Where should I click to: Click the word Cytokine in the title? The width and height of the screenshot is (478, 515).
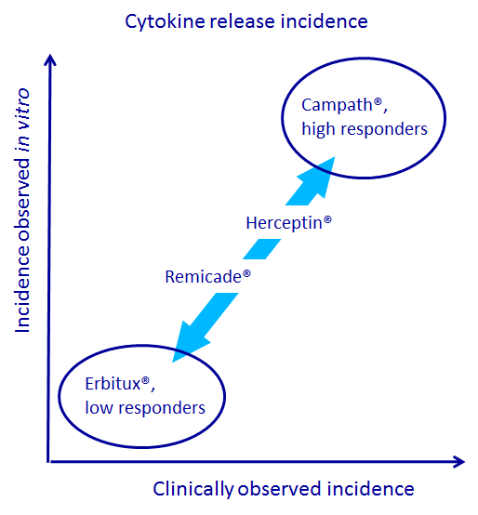[166, 22]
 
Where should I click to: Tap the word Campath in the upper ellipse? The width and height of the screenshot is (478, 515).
[337, 106]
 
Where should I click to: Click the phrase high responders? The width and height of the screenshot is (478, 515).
[365, 128]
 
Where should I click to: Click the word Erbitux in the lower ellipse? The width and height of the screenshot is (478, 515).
[113, 384]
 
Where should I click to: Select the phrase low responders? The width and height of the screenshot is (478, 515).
[145, 407]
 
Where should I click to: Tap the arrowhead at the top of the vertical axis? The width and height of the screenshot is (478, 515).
[50, 59]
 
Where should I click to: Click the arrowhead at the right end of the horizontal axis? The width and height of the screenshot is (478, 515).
[459, 461]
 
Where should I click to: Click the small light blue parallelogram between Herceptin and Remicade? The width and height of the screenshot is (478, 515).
[262, 249]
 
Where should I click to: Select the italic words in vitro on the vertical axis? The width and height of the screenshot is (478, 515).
[23, 120]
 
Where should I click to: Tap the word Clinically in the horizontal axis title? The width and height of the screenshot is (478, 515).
[193, 489]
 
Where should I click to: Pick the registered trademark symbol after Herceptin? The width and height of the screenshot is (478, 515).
[327, 219]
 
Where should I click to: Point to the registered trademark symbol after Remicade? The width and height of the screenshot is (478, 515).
[246, 273]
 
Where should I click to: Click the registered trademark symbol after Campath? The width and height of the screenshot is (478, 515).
[378, 101]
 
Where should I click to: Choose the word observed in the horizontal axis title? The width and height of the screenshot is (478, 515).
[279, 489]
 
